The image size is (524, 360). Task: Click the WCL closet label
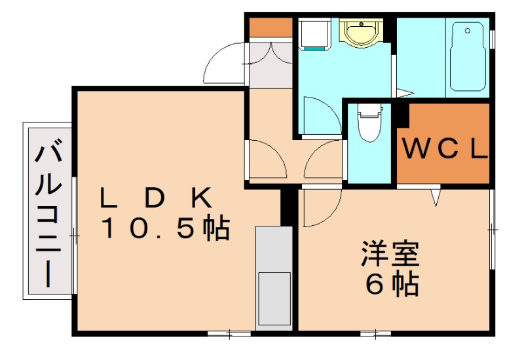click(x=445, y=149)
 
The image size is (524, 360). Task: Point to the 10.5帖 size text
click(x=164, y=228)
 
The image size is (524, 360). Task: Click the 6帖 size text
click(x=392, y=283)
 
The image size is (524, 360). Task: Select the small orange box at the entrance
click(x=270, y=27)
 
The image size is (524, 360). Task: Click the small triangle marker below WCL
click(x=436, y=197)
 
